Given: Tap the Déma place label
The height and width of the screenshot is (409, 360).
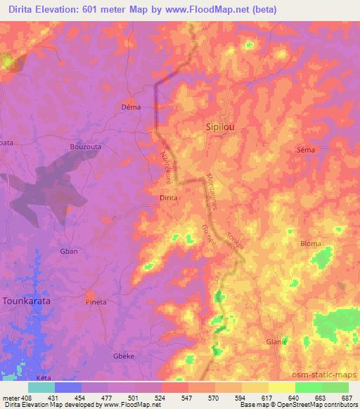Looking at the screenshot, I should tap(131, 108).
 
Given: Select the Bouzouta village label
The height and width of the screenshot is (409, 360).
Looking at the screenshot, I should tap(86, 146).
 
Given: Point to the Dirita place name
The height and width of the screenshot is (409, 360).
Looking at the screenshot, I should tap(169, 198).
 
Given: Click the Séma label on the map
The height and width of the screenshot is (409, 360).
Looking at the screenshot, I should tap(306, 150).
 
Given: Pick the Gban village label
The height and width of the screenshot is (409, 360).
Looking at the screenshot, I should tap(69, 251).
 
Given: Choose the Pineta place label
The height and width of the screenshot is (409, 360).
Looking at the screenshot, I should tap(96, 302).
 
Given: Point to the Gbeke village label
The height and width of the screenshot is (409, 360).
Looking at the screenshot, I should tap(124, 356).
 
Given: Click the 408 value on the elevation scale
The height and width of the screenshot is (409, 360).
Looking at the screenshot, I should tap(22, 397).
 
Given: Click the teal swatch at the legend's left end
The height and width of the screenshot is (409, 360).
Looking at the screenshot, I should tap(41, 387).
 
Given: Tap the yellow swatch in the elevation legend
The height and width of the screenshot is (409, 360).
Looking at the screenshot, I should tap(281, 387).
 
